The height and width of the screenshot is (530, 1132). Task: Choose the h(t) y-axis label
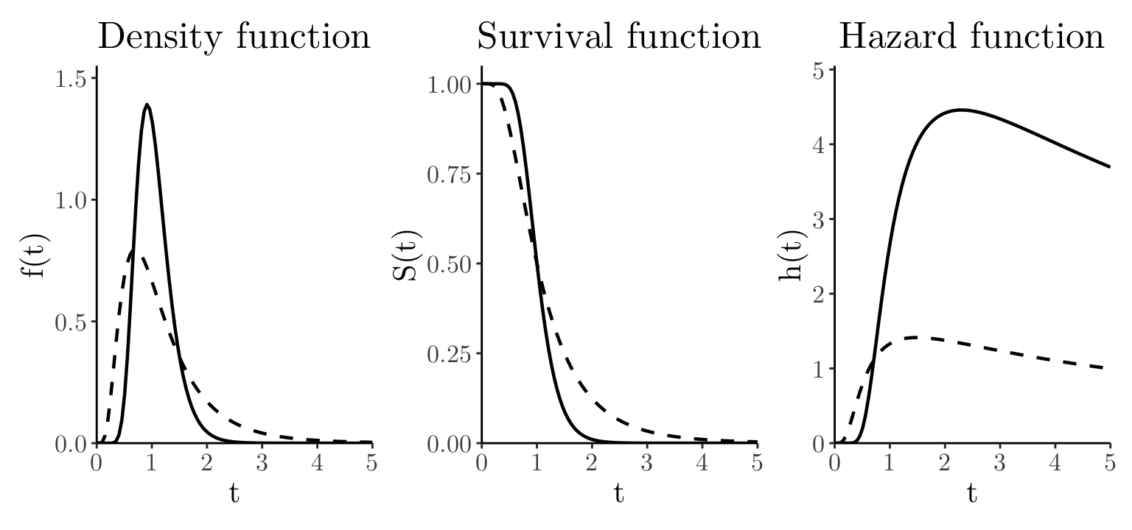point(793,255)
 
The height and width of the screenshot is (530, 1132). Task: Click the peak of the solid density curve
point(147,105)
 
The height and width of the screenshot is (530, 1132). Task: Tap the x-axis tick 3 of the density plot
point(262,463)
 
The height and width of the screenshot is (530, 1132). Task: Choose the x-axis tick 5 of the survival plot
point(757,463)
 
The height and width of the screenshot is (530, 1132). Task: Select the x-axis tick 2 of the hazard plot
point(944,463)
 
